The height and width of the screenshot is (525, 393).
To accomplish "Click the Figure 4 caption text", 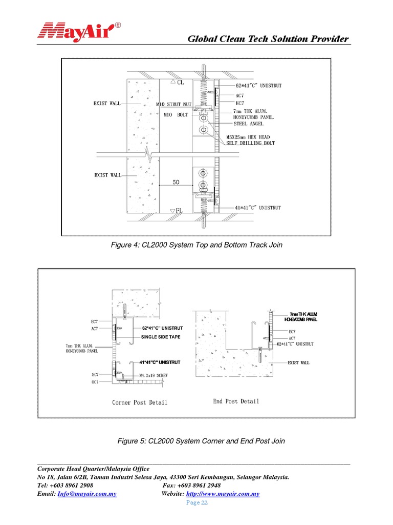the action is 196,245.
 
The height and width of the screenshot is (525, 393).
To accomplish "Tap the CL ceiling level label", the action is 181,82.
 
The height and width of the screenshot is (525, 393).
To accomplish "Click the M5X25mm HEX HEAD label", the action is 248,137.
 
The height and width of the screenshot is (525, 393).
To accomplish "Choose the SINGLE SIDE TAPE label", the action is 161,337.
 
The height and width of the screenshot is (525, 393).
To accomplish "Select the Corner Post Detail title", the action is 140,402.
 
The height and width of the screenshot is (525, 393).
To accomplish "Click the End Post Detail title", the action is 236,401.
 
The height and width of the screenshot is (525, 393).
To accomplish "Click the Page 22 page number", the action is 196,503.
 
